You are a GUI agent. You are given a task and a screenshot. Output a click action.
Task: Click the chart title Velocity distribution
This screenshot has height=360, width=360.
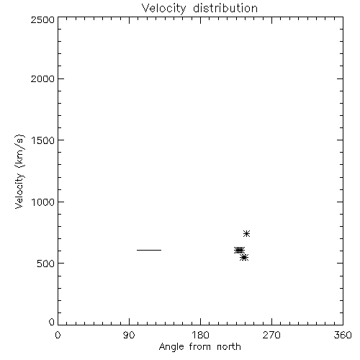(x=199, y=9)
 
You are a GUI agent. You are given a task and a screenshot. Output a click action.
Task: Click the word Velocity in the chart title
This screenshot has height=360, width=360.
(x=163, y=9)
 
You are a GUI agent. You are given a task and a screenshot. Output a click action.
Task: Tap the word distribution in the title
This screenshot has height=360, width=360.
(x=225, y=8)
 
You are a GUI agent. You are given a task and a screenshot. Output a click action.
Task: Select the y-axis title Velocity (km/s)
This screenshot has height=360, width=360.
(x=19, y=171)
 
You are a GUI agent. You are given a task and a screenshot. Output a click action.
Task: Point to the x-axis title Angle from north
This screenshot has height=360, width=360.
(x=199, y=347)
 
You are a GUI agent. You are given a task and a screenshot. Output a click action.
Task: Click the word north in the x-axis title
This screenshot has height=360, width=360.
(x=229, y=347)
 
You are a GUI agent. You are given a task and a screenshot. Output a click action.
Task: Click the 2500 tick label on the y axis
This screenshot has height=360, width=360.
(x=42, y=19)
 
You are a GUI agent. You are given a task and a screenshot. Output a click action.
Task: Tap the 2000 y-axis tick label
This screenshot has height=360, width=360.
(x=42, y=78)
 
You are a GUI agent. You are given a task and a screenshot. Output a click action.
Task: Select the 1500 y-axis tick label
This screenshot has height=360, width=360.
(x=43, y=140)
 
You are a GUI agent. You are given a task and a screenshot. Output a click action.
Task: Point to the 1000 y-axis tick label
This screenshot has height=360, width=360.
(x=43, y=202)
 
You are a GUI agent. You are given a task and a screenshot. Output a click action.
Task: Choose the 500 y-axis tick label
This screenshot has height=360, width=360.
(x=46, y=264)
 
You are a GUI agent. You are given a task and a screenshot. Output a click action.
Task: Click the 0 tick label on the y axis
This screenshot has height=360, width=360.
(x=52, y=322)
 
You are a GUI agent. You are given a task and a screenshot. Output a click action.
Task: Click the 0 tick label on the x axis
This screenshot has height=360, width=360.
(x=58, y=335)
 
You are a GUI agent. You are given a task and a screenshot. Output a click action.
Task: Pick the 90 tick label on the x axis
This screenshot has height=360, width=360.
(x=129, y=335)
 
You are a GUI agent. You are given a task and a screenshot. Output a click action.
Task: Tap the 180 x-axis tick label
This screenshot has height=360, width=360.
(x=200, y=335)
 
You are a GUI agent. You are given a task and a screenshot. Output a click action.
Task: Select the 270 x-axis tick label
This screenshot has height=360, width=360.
(x=271, y=335)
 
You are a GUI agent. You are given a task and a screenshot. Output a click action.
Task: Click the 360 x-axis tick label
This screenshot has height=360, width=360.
(x=343, y=335)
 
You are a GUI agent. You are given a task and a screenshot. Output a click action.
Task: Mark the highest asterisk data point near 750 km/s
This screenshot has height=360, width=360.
(x=246, y=233)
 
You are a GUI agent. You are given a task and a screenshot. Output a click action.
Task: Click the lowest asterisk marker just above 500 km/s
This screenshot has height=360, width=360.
(x=244, y=258)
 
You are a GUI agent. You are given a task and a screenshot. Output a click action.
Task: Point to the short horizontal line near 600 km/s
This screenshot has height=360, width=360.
(x=149, y=250)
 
